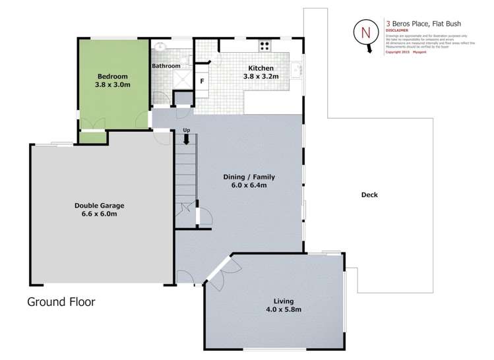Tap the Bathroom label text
(166, 66)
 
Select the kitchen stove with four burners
(265, 46)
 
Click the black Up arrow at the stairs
(187, 138)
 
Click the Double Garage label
(99, 205)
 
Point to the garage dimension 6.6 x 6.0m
(99, 214)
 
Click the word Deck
(369, 195)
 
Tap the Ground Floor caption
(61, 302)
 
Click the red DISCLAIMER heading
(397, 30)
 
